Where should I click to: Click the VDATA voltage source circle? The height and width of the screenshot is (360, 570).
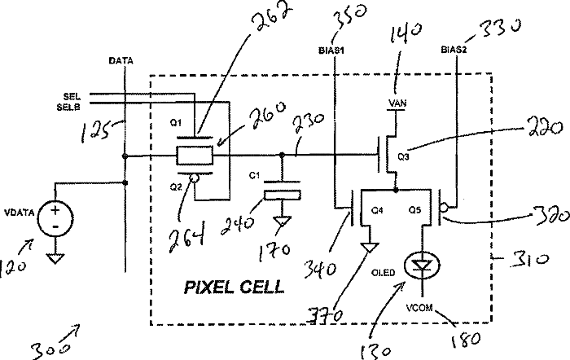tap(55, 219)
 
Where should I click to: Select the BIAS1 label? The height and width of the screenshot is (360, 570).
tap(331, 50)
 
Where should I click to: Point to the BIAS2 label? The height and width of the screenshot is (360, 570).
tap(454, 50)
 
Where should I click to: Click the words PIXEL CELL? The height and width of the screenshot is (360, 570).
tap(235, 288)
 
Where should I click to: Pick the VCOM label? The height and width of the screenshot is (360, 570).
tap(419, 308)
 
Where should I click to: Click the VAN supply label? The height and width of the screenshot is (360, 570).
tap(397, 103)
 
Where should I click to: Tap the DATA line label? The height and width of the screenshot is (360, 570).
tap(121, 61)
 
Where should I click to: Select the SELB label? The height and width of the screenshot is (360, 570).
tap(68, 108)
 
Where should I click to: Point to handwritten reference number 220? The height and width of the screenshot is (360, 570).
tap(543, 128)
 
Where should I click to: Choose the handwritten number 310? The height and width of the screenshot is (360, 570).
tap(529, 259)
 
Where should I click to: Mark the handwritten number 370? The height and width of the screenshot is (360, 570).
tap(324, 316)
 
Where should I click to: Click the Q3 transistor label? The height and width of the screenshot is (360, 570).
tap(404, 156)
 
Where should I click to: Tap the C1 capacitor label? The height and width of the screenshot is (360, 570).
tap(254, 176)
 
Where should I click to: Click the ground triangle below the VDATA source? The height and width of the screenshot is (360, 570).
tap(55, 258)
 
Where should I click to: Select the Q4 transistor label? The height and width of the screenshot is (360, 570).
tap(377, 210)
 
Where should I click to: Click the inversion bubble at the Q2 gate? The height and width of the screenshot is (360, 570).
tap(194, 178)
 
